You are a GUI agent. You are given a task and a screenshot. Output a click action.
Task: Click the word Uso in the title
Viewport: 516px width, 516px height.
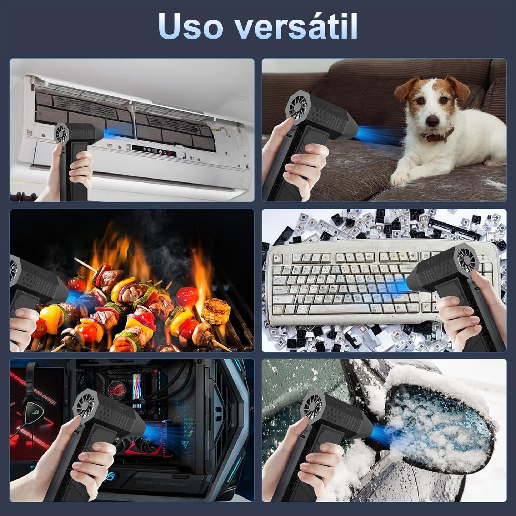[190, 26]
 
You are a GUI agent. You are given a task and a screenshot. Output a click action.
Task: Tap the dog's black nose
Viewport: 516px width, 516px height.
[432, 121]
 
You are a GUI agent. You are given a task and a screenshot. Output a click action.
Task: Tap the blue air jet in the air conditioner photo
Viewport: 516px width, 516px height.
[106, 132]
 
